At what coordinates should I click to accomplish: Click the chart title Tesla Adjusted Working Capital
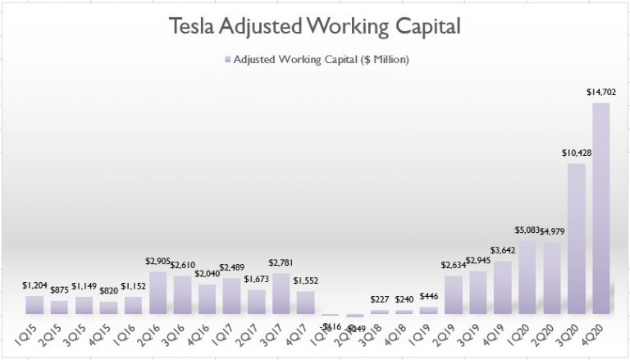tap(315, 26)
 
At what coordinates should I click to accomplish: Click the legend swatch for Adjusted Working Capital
tap(226, 60)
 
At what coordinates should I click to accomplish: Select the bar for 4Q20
tap(600, 208)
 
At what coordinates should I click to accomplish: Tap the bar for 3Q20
tap(576, 239)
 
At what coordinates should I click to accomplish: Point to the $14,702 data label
tap(597, 94)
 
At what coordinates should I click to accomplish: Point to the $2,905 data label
tap(157, 262)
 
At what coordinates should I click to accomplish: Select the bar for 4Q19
tap(502, 287)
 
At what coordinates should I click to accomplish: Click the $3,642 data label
tap(503, 250)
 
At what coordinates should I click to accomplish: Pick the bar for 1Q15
tap(35, 305)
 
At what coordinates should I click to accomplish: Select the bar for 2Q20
tap(551, 278)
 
